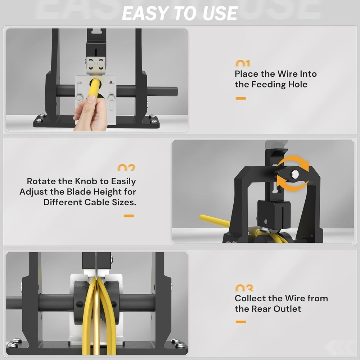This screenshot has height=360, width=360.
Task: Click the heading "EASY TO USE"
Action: point(180,13)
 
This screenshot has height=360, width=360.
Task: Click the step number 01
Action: point(243,64)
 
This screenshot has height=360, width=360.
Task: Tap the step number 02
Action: point(126,168)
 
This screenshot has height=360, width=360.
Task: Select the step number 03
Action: point(244,288)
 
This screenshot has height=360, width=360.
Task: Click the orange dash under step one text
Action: point(240,98)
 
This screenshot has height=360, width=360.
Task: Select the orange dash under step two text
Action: point(129,216)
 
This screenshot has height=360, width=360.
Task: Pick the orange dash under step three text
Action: point(240,322)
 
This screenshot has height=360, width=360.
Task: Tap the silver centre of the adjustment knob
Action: point(295,174)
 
